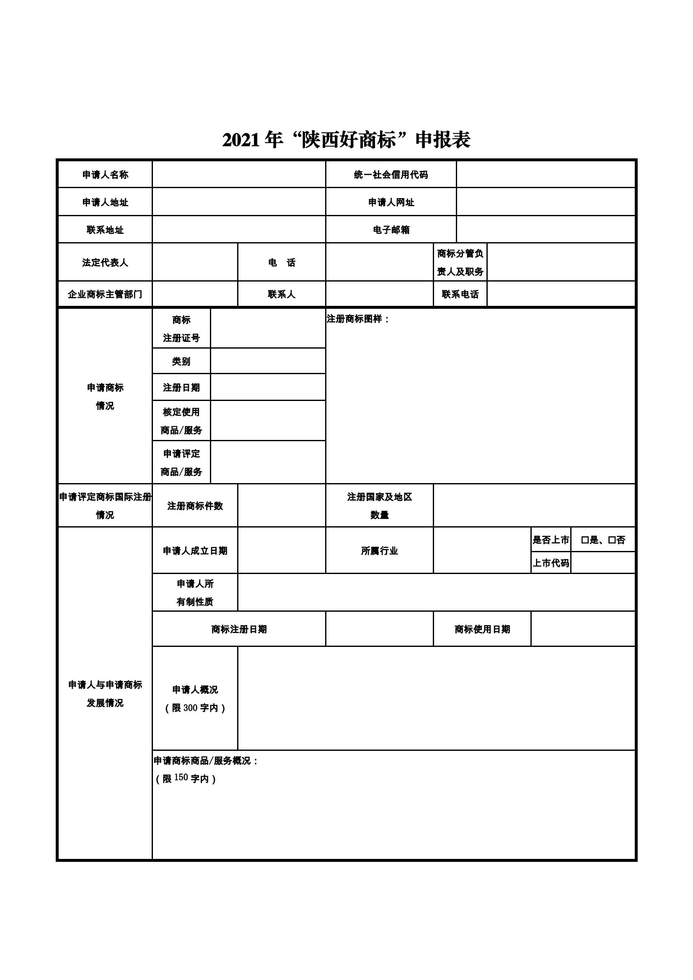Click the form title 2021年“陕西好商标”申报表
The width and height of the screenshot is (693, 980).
[346, 140]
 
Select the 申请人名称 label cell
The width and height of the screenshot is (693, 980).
[105, 175]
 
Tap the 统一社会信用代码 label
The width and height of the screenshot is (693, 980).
[391, 175]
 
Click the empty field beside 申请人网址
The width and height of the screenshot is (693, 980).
[546, 202]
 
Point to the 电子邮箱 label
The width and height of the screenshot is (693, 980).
[391, 230]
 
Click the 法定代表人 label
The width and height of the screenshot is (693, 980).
[105, 263]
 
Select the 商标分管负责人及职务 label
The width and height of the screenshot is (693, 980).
[460, 263]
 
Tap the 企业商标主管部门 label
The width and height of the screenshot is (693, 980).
[105, 294]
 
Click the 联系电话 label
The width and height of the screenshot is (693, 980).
[460, 294]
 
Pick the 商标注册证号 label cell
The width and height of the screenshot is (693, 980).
[181, 328]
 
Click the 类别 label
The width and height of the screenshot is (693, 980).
[181, 361]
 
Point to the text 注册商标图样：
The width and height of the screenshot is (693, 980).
[357, 319]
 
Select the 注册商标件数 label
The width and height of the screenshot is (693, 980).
[195, 506]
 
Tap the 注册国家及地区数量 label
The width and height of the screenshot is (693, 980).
[379, 506]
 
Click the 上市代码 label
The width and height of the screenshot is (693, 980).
[551, 563]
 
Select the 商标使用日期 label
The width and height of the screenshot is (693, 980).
[482, 629]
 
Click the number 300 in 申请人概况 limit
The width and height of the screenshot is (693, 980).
[190, 708]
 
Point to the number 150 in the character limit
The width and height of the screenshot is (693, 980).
[181, 777]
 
